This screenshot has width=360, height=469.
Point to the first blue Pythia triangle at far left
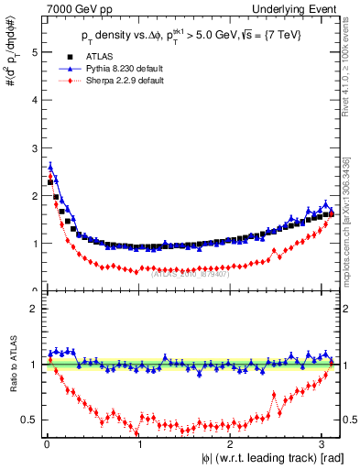point(49,166)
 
